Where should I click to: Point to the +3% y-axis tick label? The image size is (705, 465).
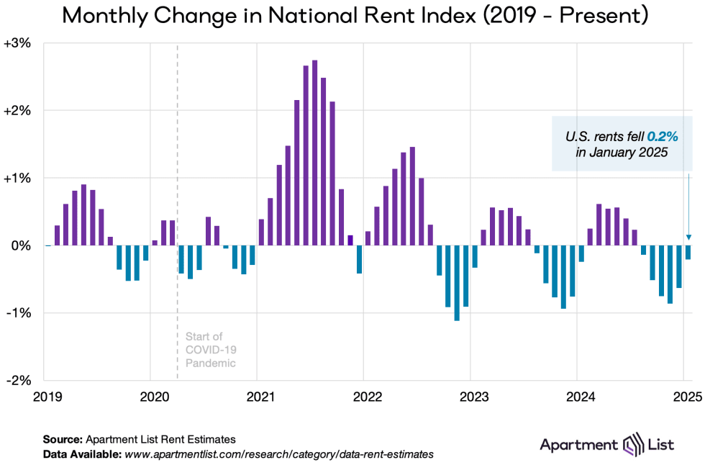[x=17, y=43]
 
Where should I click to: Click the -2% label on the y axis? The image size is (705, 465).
[x=18, y=380]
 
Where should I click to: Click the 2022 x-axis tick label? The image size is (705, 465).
[x=363, y=396]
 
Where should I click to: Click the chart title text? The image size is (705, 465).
[x=352, y=16]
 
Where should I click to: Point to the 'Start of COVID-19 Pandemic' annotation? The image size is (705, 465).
[x=210, y=350]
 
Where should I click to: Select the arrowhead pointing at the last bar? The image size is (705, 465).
[x=688, y=237]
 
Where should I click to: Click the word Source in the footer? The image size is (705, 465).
[x=62, y=438]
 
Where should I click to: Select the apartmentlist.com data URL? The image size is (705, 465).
[x=279, y=454]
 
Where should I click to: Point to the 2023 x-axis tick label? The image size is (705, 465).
[x=470, y=396]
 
